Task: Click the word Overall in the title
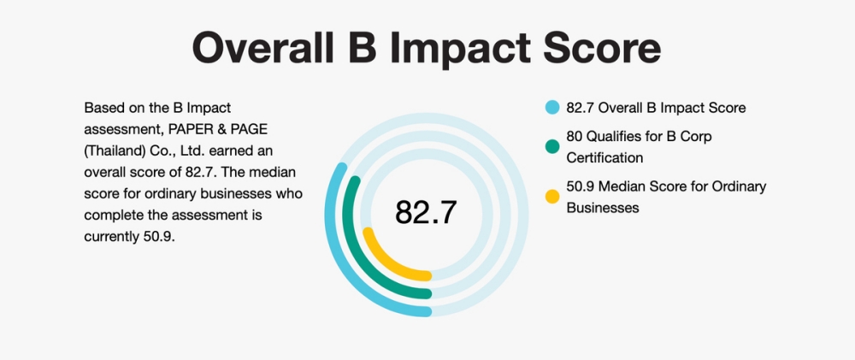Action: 262,48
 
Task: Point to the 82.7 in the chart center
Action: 426,212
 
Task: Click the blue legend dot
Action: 552,108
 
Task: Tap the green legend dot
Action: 552,146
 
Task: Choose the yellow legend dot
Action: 552,197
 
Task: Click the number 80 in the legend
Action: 575,136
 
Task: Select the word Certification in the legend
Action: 604,157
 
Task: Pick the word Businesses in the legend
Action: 603,208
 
